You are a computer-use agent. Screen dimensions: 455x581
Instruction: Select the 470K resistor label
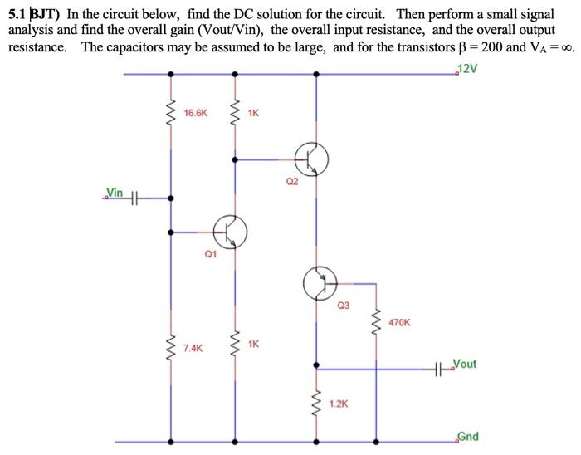399,321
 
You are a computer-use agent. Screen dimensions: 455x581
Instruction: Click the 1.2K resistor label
339,404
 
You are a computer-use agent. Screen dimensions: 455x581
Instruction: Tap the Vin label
114,193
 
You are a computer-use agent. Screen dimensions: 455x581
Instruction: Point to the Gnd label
467,437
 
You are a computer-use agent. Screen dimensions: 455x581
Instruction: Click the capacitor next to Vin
136,198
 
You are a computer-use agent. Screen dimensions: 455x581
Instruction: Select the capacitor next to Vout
440,367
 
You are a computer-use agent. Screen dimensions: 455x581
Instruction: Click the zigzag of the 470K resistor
378,320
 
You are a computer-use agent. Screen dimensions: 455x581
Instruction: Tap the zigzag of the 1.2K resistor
316,404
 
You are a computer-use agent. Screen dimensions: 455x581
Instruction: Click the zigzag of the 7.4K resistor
171,347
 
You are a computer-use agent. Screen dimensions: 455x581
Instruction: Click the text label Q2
290,182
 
